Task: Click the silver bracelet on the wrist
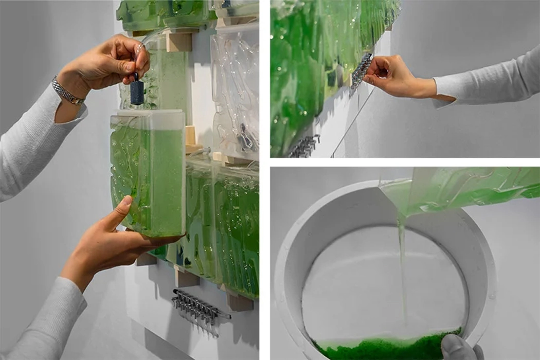[x=68, y=91]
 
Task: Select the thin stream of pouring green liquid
[x=402, y=267]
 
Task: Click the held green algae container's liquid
[x=149, y=175]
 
